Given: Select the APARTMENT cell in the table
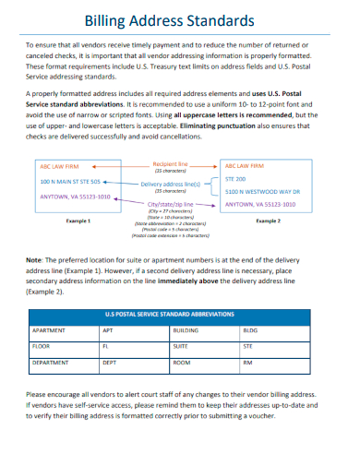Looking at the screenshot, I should [49, 329].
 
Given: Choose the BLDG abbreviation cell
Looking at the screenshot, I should [249, 329].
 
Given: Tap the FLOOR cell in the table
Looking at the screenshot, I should [41, 346].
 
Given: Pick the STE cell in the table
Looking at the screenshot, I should [247, 346].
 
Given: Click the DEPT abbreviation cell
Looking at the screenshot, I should [109, 363].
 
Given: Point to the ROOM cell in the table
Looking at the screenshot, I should [182, 363].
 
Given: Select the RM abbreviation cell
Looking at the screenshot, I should [247, 363].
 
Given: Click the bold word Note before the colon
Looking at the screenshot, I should [35, 258].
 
